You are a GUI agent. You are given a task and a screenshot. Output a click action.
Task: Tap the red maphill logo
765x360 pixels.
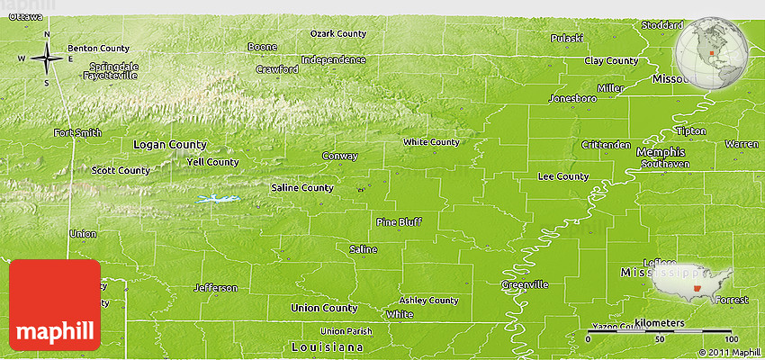click(55, 304)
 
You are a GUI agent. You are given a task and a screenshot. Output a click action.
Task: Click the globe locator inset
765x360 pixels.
click(714, 49)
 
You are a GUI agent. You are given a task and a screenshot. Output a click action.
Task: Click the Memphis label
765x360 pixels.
click(660, 152)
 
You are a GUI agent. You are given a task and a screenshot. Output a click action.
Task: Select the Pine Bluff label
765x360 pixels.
click(399, 220)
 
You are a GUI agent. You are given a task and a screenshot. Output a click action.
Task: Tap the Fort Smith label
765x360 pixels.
click(78, 133)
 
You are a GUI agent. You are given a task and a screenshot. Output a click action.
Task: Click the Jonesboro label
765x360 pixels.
click(573, 97)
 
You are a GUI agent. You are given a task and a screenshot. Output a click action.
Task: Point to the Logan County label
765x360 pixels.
click(169, 144)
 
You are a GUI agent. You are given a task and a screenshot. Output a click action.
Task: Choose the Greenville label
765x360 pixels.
click(525, 284)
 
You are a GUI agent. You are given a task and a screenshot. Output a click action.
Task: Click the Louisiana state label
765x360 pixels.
click(328, 346)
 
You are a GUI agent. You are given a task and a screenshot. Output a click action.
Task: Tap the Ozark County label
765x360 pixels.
click(338, 33)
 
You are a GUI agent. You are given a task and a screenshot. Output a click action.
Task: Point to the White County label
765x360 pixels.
click(431, 141)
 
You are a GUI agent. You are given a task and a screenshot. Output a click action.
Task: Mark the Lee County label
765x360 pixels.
click(562, 176)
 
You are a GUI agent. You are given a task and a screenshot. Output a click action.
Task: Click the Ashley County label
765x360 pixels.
click(429, 300)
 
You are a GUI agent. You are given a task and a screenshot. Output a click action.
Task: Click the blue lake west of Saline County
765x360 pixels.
click(220, 199)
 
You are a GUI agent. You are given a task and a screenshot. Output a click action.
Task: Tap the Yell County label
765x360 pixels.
click(211, 162)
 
